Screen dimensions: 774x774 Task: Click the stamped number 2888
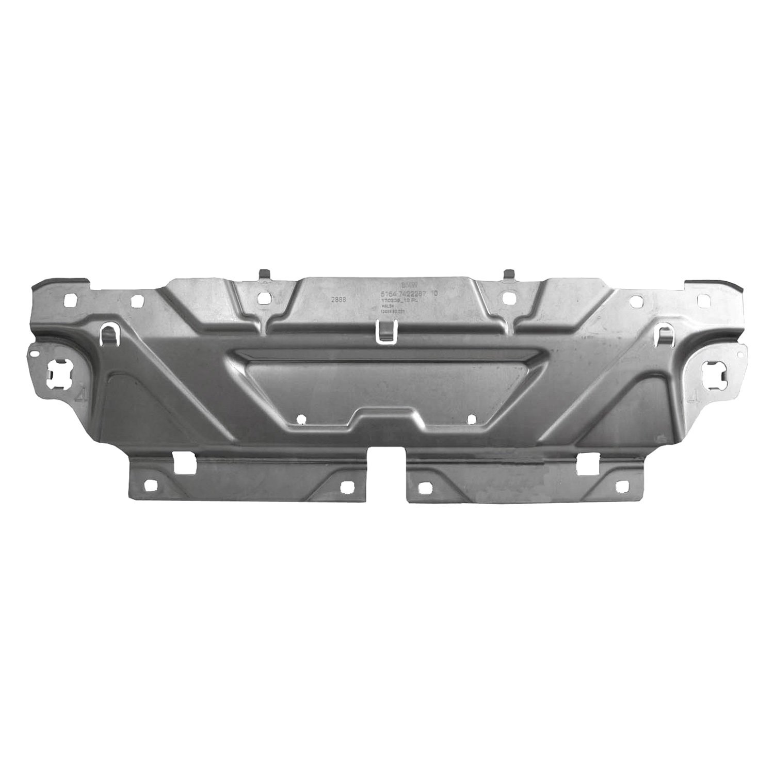(x=338, y=299)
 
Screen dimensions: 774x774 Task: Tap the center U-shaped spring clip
(x=384, y=330)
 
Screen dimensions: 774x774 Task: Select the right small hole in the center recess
(x=471, y=418)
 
